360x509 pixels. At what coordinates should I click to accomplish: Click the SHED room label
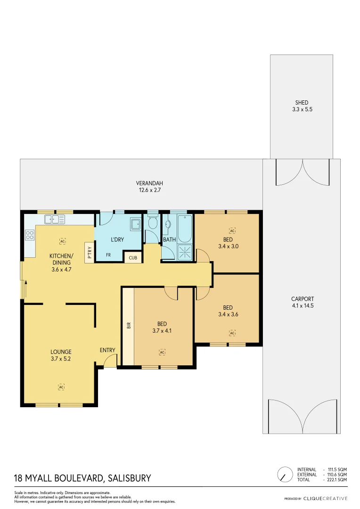point(302,103)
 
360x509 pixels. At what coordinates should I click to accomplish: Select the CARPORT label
point(302,299)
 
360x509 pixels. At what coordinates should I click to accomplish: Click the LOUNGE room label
point(61,352)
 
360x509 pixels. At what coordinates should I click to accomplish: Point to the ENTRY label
point(107,350)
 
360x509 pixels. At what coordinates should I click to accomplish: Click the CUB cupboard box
point(132,258)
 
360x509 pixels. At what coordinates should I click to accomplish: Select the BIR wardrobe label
point(128,325)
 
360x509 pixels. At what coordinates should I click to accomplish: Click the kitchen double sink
point(55,219)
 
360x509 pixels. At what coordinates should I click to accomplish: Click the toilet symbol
point(152,223)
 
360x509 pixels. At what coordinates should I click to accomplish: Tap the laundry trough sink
point(136,223)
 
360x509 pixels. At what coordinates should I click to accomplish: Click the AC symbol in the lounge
point(61,387)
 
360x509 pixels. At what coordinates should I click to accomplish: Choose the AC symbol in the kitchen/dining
point(62,241)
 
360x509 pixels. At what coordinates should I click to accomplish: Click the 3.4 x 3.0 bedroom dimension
point(228,246)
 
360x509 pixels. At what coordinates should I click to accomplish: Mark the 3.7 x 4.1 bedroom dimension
point(162,331)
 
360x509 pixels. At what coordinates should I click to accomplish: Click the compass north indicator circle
point(284,474)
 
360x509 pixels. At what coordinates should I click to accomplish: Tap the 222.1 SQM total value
point(337,480)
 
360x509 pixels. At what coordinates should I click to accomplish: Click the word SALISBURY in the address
point(129,478)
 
